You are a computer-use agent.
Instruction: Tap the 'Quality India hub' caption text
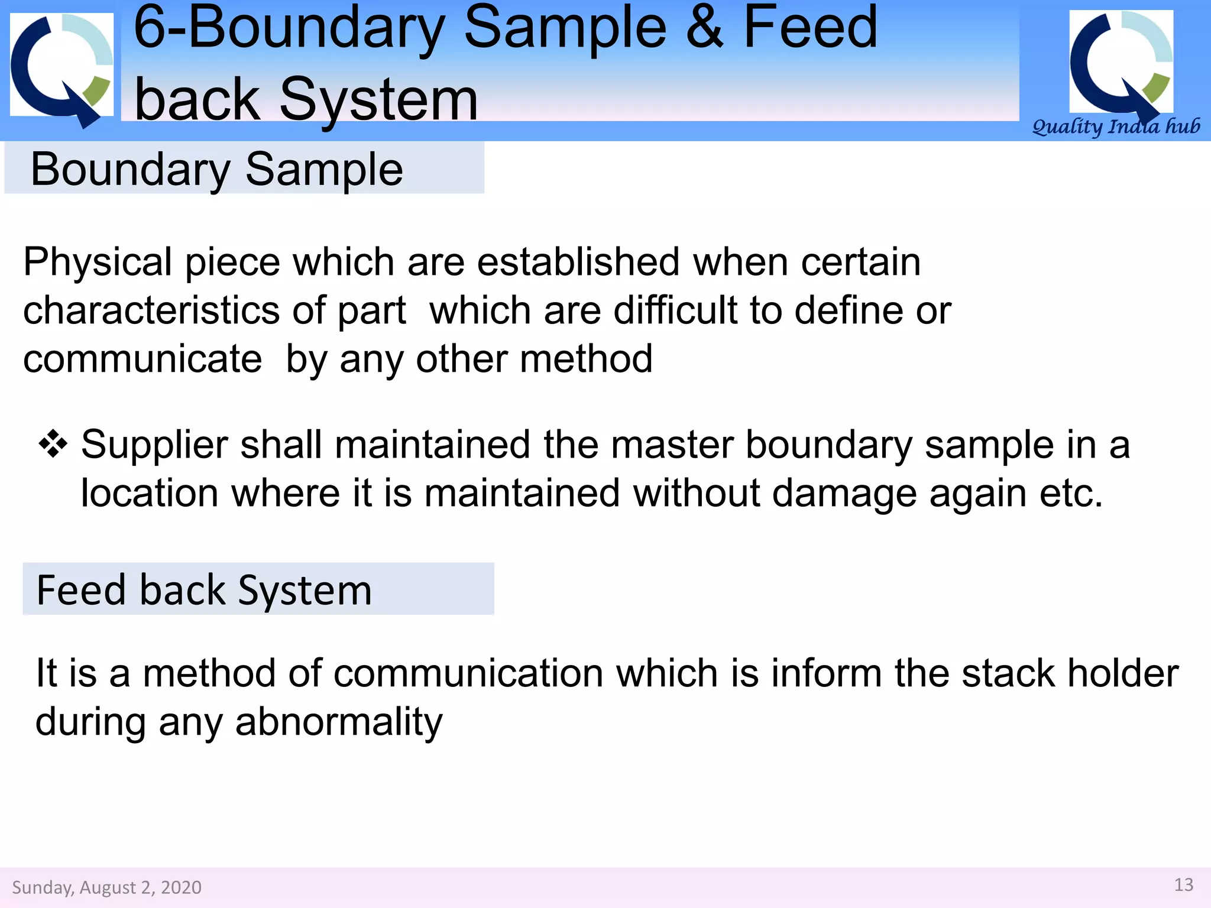tap(1116, 127)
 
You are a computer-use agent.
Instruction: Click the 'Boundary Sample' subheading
tap(216, 169)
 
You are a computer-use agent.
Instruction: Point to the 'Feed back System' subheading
tap(204, 590)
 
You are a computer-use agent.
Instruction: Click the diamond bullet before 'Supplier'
tap(53, 445)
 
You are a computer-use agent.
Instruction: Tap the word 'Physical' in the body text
tap(98, 262)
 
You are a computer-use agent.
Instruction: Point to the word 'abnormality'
tap(339, 722)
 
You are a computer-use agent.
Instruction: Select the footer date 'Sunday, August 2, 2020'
tap(106, 887)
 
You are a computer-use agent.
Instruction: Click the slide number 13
tap(1184, 885)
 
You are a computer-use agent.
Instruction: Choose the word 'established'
tap(578, 262)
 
